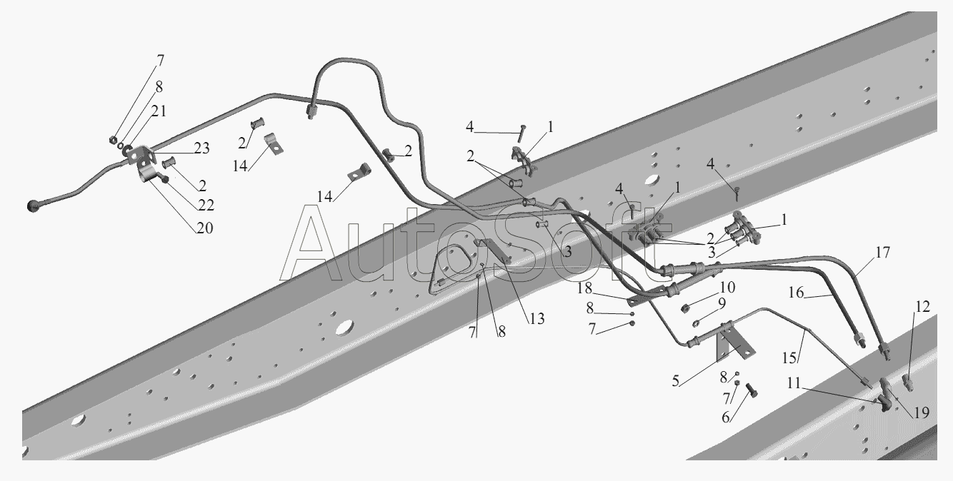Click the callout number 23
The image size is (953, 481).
pos(201,148)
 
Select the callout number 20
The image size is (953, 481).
pos(204,228)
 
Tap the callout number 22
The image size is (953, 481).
pos(206,206)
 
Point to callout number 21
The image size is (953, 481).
pos(159,111)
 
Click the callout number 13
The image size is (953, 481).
pos(537,318)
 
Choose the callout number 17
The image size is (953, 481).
pos(883,253)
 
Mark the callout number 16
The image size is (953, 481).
pos(796,293)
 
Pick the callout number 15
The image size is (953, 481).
pos(789,358)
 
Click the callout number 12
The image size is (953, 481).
pos(922,306)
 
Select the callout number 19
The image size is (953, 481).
pos(922,412)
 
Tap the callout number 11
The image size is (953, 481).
pos(794,383)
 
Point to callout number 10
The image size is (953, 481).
pos(728,287)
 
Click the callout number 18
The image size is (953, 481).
pos(584,288)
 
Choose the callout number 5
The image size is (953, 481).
pos(676,380)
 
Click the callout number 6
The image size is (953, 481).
pos(726,417)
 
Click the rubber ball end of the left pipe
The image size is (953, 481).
pos(33,206)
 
